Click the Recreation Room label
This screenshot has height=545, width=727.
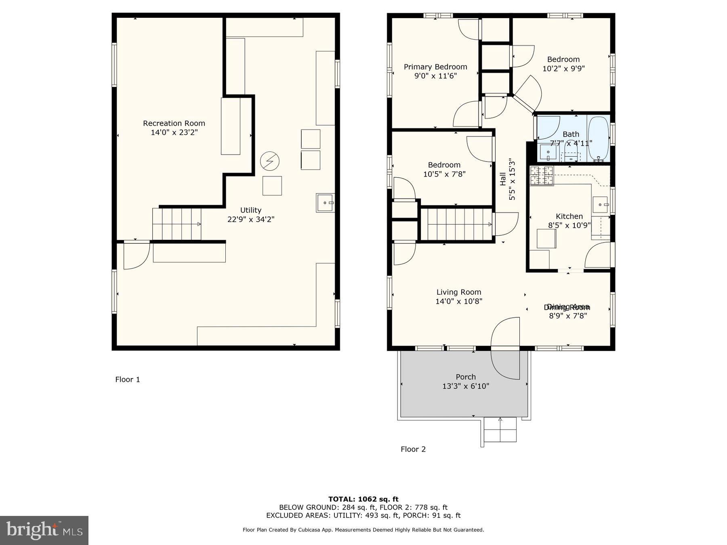click(174, 124)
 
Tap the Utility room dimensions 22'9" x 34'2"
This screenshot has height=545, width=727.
click(251, 219)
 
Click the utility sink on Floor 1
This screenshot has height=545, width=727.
click(325, 203)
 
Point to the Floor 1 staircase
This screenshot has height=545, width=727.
click(176, 224)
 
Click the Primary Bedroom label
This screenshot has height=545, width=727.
click(435, 67)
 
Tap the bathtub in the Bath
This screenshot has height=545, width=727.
click(598, 138)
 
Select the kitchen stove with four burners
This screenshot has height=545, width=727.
click(541, 176)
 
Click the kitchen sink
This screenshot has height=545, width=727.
click(600, 205)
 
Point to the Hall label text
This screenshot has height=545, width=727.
click(503, 179)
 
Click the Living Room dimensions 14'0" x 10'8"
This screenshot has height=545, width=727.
click(459, 301)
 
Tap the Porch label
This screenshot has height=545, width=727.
click(466, 377)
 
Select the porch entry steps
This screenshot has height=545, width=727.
click(500, 430)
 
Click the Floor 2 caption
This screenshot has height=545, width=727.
click(413, 449)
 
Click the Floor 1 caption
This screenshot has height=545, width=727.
click(128, 379)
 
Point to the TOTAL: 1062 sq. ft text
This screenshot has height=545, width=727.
click(363, 499)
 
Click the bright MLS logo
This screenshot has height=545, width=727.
click(44, 530)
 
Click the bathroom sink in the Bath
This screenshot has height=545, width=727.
click(548, 152)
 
